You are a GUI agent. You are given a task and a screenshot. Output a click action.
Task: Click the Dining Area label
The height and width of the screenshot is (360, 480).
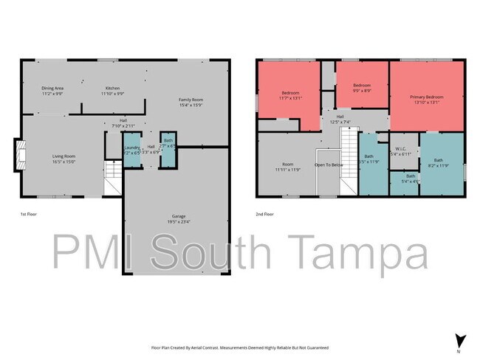(x=52, y=91)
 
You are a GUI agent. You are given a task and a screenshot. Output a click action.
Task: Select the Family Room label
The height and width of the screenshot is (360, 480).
(x=191, y=103)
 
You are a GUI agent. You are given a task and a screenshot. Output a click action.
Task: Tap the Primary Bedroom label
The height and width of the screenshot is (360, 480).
(x=426, y=100)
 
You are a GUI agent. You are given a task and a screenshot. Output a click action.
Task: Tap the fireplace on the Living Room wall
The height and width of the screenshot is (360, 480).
(x=19, y=156)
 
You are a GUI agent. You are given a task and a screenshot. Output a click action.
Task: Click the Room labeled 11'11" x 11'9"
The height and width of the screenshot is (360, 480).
(x=287, y=167)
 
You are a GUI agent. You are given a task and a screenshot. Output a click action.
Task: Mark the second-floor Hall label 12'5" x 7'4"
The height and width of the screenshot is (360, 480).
(x=340, y=119)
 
